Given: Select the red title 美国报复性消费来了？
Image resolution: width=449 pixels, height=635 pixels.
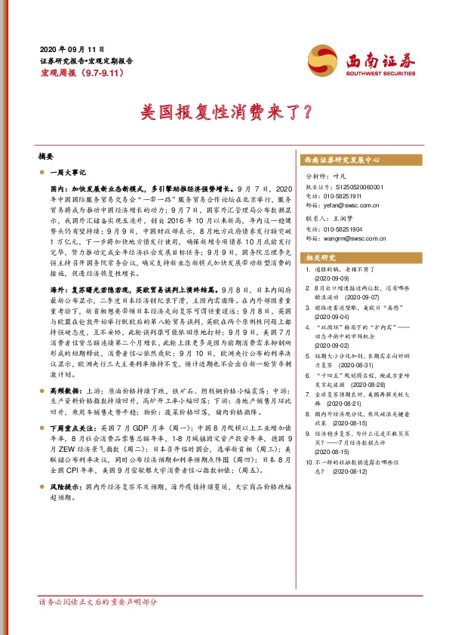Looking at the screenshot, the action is pos(224,112).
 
